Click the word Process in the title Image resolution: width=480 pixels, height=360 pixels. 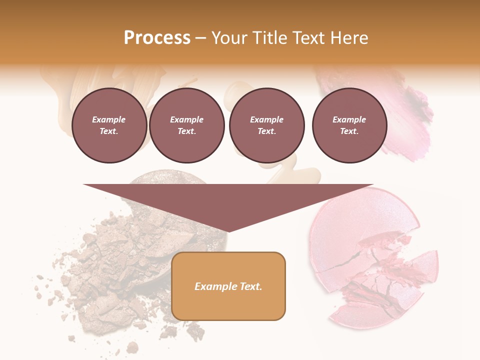tap(157, 38)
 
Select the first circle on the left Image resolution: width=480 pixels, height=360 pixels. tap(109, 125)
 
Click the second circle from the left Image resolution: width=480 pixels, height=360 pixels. tap(187, 125)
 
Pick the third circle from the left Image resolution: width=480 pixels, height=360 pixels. tap(266, 125)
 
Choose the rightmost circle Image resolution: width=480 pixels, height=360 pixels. tap(349, 125)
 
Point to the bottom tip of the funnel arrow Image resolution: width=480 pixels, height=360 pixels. tap(228, 231)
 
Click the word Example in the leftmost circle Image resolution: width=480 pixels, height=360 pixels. tap(109, 119)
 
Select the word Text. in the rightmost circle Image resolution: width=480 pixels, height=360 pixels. tap(349, 131)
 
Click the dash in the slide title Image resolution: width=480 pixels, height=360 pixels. tap(200, 38)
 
